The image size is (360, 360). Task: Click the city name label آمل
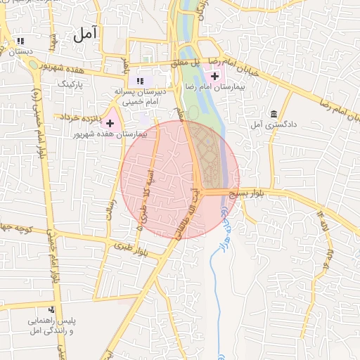point(86,34)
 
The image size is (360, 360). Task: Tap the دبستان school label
point(20,51)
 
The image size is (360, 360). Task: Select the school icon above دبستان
point(20,41)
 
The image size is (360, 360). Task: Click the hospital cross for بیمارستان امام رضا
point(214,75)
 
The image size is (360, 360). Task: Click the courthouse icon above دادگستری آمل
point(273,114)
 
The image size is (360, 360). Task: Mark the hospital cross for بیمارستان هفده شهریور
point(110,123)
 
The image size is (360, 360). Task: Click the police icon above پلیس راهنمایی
point(51,309)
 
